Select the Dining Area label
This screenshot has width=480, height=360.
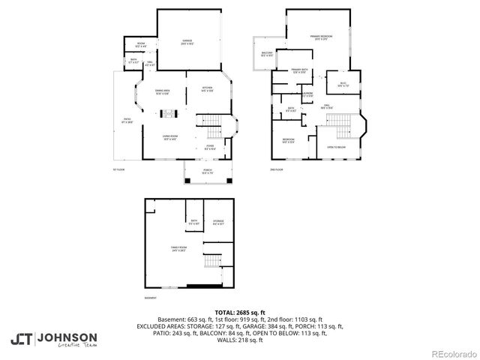161,91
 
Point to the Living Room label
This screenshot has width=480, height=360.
169,136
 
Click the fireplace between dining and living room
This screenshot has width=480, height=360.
169,114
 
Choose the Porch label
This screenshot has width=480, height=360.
207,172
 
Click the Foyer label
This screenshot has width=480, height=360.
211,147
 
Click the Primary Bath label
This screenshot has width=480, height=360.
300,70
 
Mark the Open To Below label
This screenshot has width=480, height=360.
335,148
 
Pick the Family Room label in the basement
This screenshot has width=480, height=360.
178,248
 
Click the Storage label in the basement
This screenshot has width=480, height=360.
218,221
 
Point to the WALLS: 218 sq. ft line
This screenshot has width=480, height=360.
239,341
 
